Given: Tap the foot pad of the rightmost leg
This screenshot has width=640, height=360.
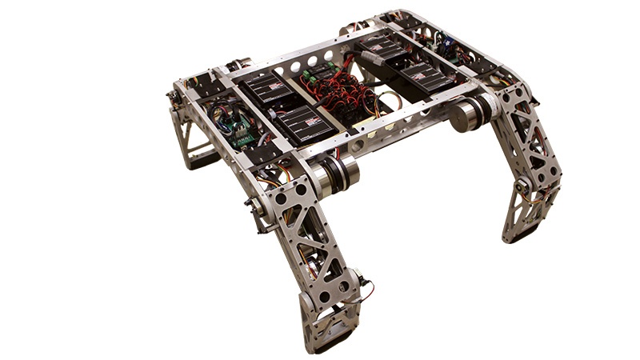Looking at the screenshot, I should [x=525, y=234].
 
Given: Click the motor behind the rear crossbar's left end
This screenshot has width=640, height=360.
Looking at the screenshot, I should [x=238, y=64].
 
